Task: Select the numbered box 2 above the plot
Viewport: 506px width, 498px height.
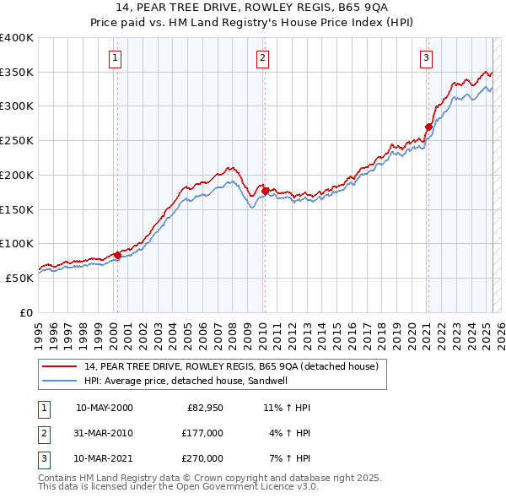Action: (x=263, y=58)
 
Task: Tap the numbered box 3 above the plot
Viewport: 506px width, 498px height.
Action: (x=426, y=58)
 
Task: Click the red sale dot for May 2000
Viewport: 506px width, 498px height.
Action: (x=117, y=255)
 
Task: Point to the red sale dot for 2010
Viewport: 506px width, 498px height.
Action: (x=264, y=191)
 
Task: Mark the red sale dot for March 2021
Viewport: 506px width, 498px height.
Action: (x=428, y=127)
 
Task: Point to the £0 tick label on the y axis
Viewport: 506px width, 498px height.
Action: (x=25, y=312)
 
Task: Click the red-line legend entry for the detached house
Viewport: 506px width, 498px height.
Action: (x=235, y=366)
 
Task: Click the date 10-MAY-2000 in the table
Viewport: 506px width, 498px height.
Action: (x=104, y=408)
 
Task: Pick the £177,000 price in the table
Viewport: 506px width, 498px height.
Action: (x=203, y=433)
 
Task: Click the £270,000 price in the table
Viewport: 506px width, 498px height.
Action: (x=203, y=458)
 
